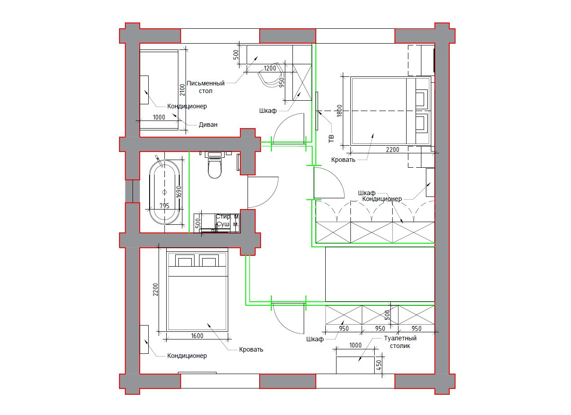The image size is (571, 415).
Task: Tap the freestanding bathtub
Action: click(x=164, y=192)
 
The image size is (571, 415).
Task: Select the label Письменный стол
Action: click(x=205, y=87)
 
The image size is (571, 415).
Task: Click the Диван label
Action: click(x=208, y=125)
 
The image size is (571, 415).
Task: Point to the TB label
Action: click(x=331, y=138)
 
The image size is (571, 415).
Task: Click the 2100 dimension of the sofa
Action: click(x=182, y=90)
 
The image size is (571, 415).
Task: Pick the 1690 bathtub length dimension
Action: click(x=179, y=192)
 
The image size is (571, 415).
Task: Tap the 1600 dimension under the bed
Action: click(x=197, y=336)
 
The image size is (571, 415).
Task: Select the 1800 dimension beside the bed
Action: click(x=339, y=111)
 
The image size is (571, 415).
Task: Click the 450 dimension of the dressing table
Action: click(x=379, y=365)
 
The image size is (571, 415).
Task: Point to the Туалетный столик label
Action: click(x=400, y=342)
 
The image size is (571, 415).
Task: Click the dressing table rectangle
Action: click(x=355, y=365)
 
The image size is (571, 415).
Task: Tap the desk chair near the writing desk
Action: click(x=271, y=75)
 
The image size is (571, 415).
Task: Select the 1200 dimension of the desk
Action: click(x=270, y=68)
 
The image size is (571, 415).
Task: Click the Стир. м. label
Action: click(x=228, y=217)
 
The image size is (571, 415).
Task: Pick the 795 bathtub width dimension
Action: click(x=164, y=205)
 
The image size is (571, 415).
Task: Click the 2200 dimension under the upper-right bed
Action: click(x=392, y=150)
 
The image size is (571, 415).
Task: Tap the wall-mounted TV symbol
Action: click(x=317, y=111)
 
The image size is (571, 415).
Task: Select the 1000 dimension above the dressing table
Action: click(x=355, y=345)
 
